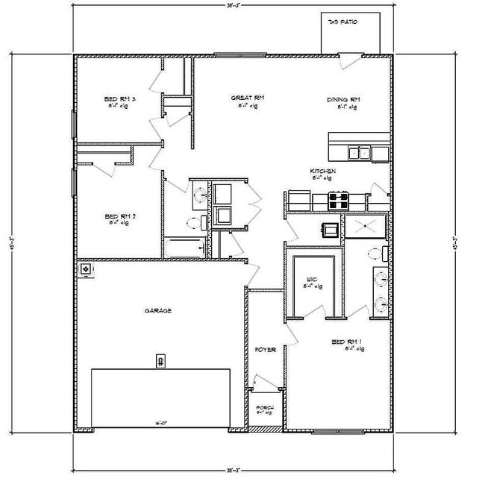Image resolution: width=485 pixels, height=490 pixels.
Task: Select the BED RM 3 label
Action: tap(119, 98)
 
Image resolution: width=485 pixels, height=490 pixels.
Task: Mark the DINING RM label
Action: tap(344, 99)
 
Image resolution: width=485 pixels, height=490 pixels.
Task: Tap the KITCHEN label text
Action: tap(323, 172)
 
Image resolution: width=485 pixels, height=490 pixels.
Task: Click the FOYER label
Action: tap(266, 349)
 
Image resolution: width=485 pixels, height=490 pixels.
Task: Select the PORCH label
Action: tap(265, 407)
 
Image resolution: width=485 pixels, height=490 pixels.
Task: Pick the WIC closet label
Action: tap(313, 280)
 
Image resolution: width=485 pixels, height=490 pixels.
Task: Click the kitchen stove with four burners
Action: tap(339, 199)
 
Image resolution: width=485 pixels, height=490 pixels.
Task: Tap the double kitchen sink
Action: tap(359, 152)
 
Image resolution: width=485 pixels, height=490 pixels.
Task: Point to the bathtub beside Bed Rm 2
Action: tap(184, 248)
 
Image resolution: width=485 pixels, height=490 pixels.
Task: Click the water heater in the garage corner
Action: tap(87, 268)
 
